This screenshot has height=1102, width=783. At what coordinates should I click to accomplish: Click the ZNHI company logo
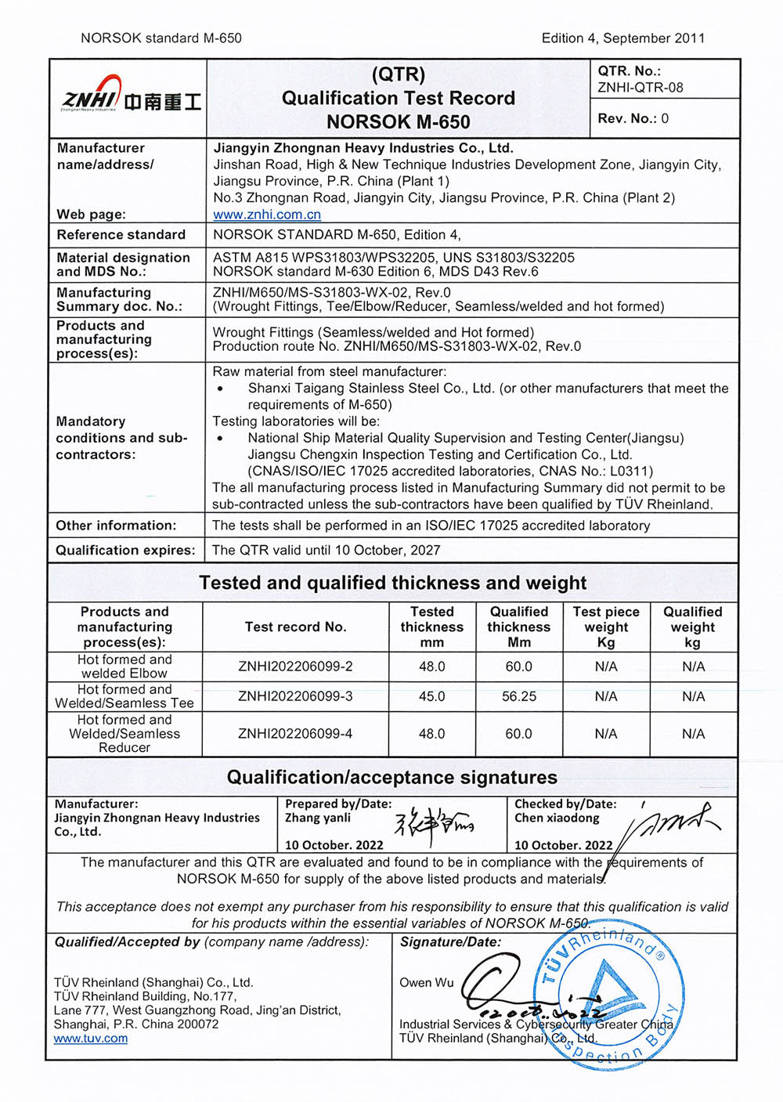point(130,97)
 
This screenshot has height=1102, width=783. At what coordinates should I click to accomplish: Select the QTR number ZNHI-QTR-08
point(640,88)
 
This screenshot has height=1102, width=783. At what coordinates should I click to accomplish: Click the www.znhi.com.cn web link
point(267,215)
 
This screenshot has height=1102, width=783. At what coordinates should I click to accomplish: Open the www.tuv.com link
point(91,1039)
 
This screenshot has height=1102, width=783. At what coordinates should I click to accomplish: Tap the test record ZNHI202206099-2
point(295,667)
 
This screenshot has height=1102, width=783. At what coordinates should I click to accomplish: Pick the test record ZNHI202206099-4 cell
point(295,734)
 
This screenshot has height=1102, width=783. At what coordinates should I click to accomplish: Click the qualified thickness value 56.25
point(518,696)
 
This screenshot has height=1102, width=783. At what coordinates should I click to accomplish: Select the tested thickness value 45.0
point(431,696)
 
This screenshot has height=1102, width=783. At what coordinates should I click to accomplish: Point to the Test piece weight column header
point(605,627)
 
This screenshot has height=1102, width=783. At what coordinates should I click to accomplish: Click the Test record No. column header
point(295,627)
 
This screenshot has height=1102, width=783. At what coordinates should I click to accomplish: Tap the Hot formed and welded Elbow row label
point(124,667)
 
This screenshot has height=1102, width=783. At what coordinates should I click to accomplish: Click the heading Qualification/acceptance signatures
point(391,778)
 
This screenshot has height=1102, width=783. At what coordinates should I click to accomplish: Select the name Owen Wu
point(426,982)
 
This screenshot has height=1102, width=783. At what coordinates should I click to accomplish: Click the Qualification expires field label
point(125,550)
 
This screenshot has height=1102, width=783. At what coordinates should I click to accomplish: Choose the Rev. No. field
point(633,118)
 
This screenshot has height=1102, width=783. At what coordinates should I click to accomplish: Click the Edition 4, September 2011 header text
point(622,38)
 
